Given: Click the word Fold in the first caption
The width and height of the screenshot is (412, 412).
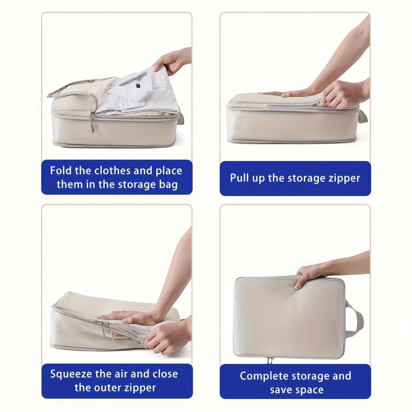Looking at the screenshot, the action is pos(61,171).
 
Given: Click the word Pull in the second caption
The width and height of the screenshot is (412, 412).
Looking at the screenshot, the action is pos(240,178).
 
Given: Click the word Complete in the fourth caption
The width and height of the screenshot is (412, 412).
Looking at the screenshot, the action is pos(261,376).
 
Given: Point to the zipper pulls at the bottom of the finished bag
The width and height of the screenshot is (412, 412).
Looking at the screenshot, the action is pos(270,360).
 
